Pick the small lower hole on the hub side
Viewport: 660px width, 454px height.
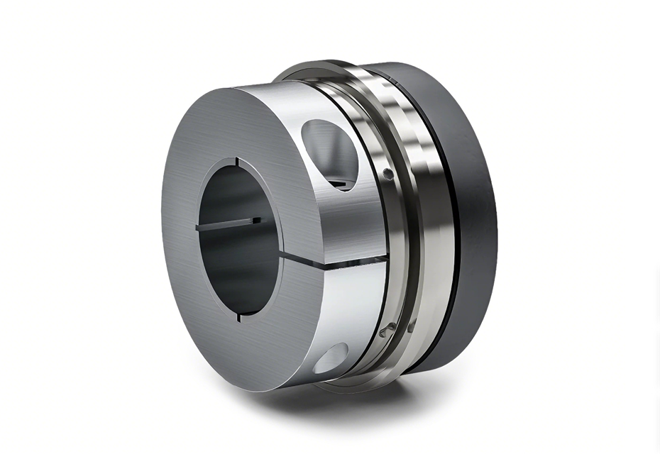click(331, 358)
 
